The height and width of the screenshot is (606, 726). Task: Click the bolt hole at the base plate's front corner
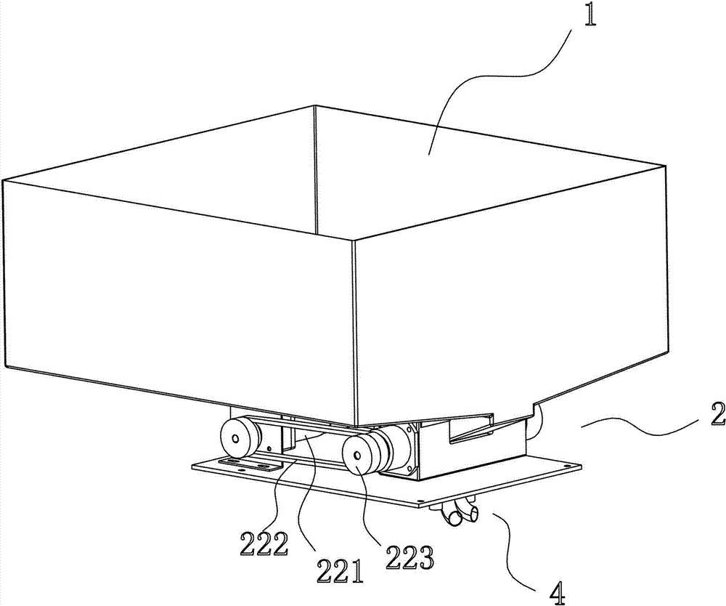[421, 501]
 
